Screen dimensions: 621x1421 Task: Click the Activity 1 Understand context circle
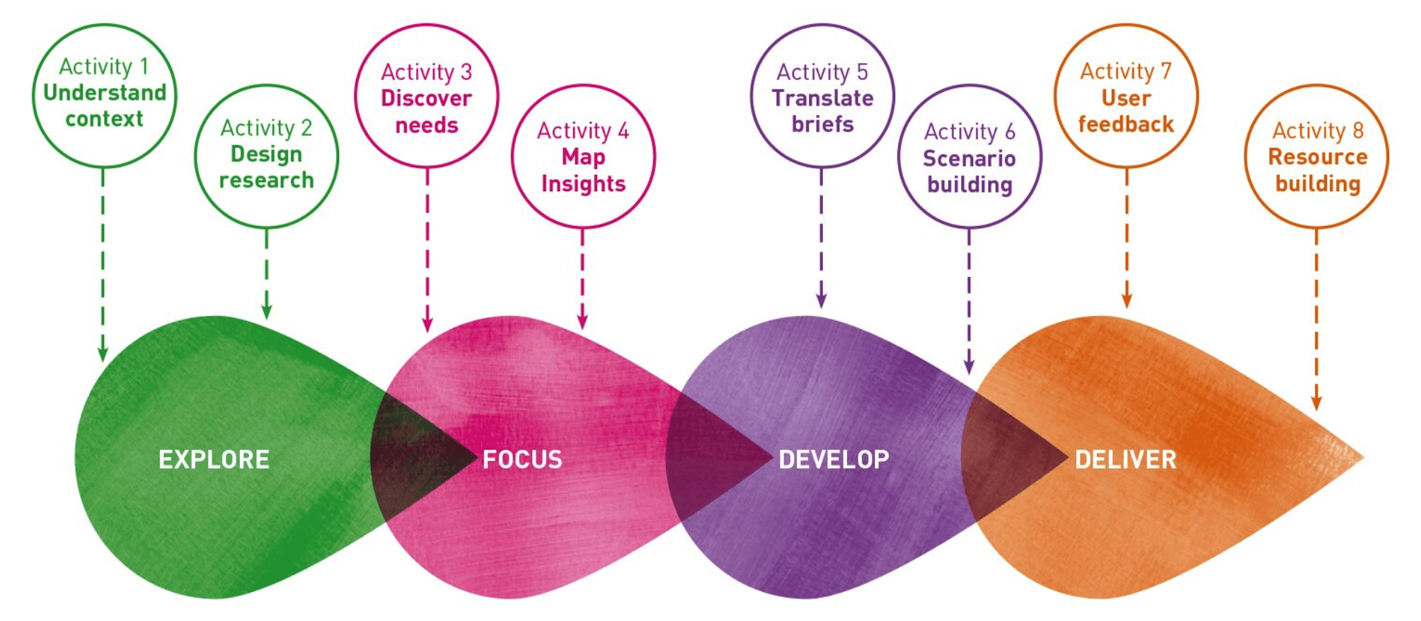pos(104,95)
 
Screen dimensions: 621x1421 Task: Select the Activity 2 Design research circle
pos(266,156)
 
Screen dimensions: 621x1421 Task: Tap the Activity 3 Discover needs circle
pos(426,96)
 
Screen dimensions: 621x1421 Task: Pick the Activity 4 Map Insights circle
pos(583,156)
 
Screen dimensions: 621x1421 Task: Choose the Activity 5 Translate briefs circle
pos(822,96)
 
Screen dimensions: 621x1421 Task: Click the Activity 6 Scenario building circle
pos(970,156)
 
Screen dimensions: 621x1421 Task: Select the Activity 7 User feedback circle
pos(1126,96)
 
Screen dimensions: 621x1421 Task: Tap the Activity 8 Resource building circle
pos(1316,156)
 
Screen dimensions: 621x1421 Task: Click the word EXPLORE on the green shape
pos(214,460)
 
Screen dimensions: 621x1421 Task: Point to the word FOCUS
pos(522,460)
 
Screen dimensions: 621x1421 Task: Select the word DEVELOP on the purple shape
pos(834,460)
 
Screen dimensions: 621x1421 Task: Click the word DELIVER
pos(1125,460)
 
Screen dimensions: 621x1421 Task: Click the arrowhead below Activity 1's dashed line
pos(103,354)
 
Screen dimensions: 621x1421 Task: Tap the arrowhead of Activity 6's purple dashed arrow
pos(969,367)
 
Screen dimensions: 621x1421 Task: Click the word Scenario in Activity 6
pos(969,159)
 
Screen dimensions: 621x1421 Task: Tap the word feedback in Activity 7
pos(1126,125)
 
